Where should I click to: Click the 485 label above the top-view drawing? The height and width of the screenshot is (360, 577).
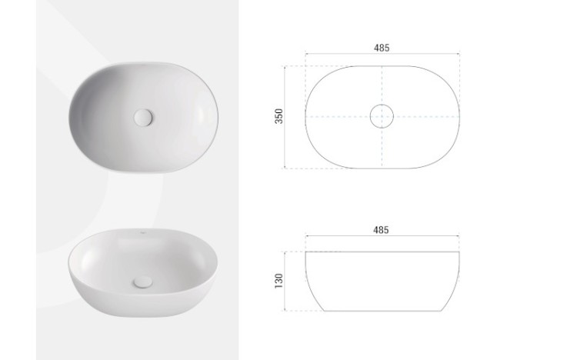(382, 48)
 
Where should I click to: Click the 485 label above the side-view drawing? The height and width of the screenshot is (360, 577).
(381, 230)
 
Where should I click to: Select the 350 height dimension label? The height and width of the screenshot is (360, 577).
(279, 116)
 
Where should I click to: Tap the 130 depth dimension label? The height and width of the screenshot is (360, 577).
(279, 281)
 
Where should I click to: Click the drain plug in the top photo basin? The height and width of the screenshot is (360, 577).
(143, 118)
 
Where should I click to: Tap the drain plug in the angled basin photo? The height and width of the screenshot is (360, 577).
(143, 282)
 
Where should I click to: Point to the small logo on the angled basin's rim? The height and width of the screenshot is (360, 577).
(142, 232)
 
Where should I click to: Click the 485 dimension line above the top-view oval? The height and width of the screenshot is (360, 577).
(382, 54)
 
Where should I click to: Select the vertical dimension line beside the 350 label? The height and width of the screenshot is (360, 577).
(285, 117)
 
